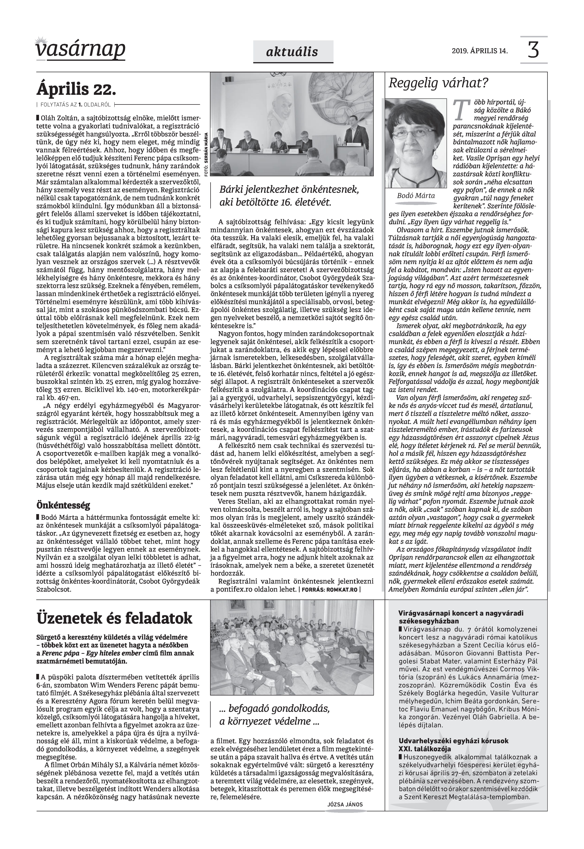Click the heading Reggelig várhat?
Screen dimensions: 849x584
pos(438,84)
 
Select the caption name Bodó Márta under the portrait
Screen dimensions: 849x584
pos(416,196)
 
